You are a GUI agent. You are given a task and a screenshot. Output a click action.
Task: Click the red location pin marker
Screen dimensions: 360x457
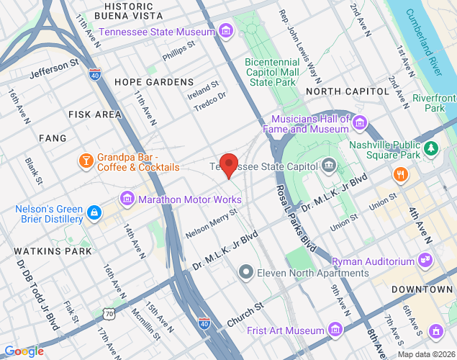pyautogui.click(x=229, y=165)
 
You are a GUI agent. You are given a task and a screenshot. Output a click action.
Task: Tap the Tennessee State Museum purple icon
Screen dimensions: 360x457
pyautogui.click(x=227, y=31)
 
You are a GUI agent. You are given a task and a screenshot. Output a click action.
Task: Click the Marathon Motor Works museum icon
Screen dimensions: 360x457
pyautogui.click(x=127, y=197)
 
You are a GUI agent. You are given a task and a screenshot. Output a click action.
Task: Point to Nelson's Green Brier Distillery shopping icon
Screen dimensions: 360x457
pyautogui.click(x=94, y=212)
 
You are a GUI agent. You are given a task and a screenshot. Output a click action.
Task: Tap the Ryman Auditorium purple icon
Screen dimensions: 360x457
pyautogui.click(x=425, y=260)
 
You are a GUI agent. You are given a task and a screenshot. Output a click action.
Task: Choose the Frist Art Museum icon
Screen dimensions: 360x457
pyautogui.click(x=334, y=330)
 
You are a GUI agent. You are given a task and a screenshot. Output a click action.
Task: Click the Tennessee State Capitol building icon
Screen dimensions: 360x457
pyautogui.click(x=330, y=166)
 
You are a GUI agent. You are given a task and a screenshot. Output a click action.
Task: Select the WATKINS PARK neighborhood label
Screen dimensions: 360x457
pyautogui.click(x=53, y=251)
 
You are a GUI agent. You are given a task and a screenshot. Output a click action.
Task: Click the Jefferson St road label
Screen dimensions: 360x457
pyautogui.click(x=54, y=69)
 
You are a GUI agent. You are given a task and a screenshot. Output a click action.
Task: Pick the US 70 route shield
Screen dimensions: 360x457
pyautogui.click(x=108, y=313)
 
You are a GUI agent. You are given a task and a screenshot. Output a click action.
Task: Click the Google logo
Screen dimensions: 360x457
pyautogui.click(x=24, y=351)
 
